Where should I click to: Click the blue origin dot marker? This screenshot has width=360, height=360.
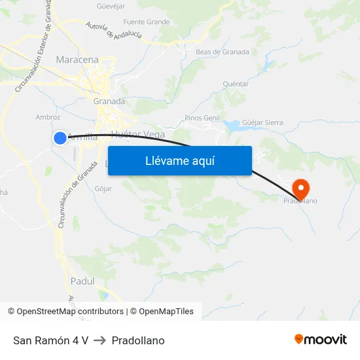pos(60,137)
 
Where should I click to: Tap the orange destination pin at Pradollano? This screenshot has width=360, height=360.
pos(300,189)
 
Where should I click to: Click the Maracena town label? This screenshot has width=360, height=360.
pos(77,60)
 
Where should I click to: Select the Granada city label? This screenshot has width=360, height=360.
pos(109,101)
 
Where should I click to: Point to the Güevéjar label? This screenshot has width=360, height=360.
pos(111,7)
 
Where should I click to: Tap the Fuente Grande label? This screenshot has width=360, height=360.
pos(146,22)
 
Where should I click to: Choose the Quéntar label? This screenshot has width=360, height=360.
pos(236,84)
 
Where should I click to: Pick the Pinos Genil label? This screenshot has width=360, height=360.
pos(202,118)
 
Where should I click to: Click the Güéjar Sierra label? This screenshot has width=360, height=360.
pos(262,122)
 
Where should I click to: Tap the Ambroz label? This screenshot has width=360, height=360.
pos(48,118)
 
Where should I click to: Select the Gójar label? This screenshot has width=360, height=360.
pos(103,189)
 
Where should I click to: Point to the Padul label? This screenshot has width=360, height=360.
pos(82,281)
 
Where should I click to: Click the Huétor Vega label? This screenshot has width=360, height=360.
pos(138,134)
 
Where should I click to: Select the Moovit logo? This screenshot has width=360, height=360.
pos(321,340)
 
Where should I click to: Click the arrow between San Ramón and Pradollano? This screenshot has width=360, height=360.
pos(100,340)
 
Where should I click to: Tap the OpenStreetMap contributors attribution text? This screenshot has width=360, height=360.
pos(70,312)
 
